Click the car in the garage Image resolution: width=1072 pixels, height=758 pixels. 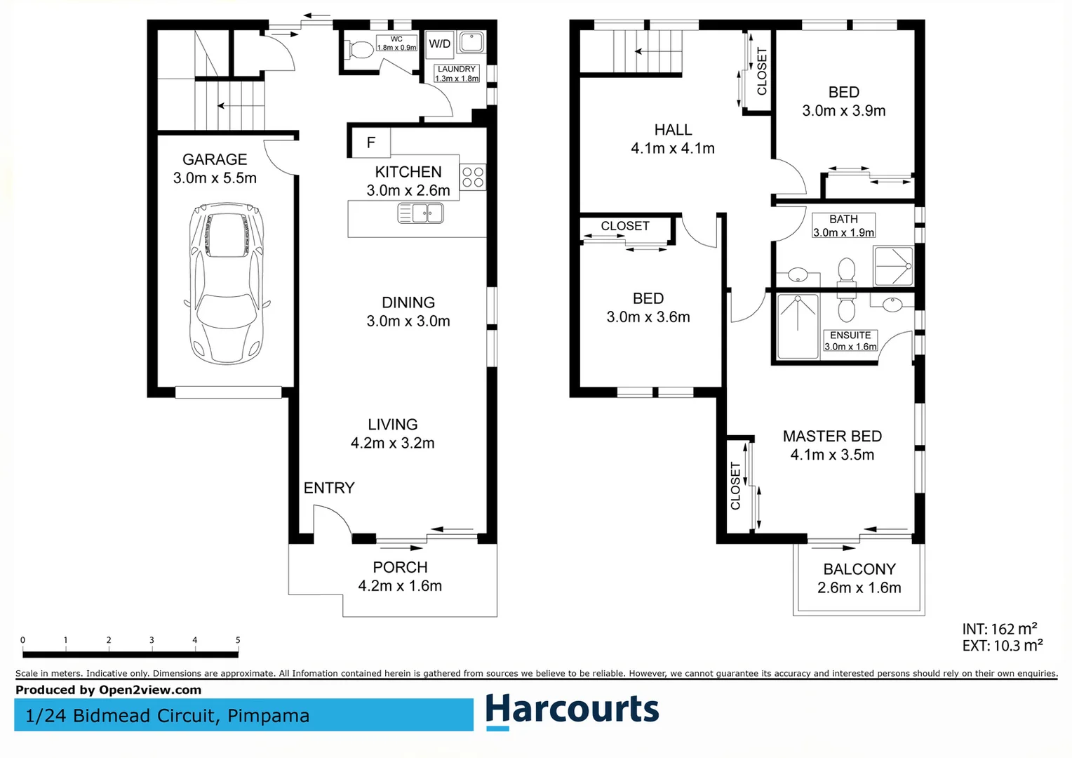coord(226,283)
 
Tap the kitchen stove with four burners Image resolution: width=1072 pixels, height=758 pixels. coord(473,177)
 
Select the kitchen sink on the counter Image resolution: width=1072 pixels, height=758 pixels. coord(420,213)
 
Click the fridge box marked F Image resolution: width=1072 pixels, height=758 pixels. coord(370,142)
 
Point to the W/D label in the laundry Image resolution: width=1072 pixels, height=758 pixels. coord(440,44)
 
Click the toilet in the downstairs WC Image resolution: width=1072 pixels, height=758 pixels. coord(360,50)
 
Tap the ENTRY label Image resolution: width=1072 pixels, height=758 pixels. coord(328,488)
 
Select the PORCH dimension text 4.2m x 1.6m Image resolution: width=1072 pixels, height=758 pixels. coord(400,586)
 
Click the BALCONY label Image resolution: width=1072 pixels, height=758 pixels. coord(859,569)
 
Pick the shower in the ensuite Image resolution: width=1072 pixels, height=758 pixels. coord(798,326)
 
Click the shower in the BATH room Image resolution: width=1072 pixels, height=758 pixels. coord(893,266)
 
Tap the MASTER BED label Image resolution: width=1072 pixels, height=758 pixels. coord(832,437)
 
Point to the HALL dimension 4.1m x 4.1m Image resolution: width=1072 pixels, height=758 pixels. coord(672,149)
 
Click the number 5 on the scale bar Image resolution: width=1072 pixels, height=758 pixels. coord(238,640)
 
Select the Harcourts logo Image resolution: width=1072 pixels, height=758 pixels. coord(572,710)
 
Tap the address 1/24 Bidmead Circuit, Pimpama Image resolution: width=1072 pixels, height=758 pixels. coord(167,716)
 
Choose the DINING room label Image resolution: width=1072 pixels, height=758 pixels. coord(408,302)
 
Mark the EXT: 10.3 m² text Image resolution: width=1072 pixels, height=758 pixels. coord(1002,646)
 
